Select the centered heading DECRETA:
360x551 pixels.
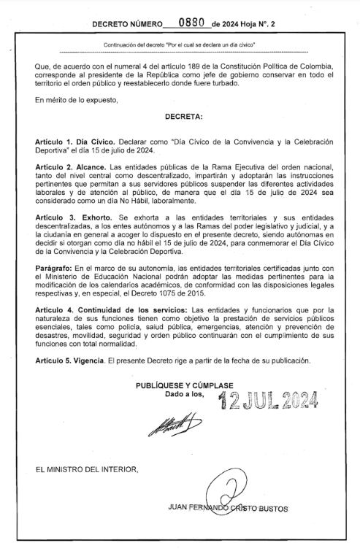[x=183, y=117]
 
